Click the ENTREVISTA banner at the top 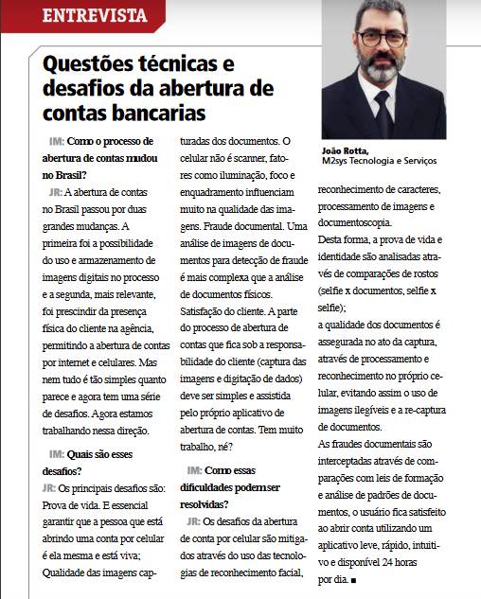95,14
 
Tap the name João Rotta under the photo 347,150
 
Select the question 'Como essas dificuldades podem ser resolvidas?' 235,478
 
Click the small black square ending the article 352,578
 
